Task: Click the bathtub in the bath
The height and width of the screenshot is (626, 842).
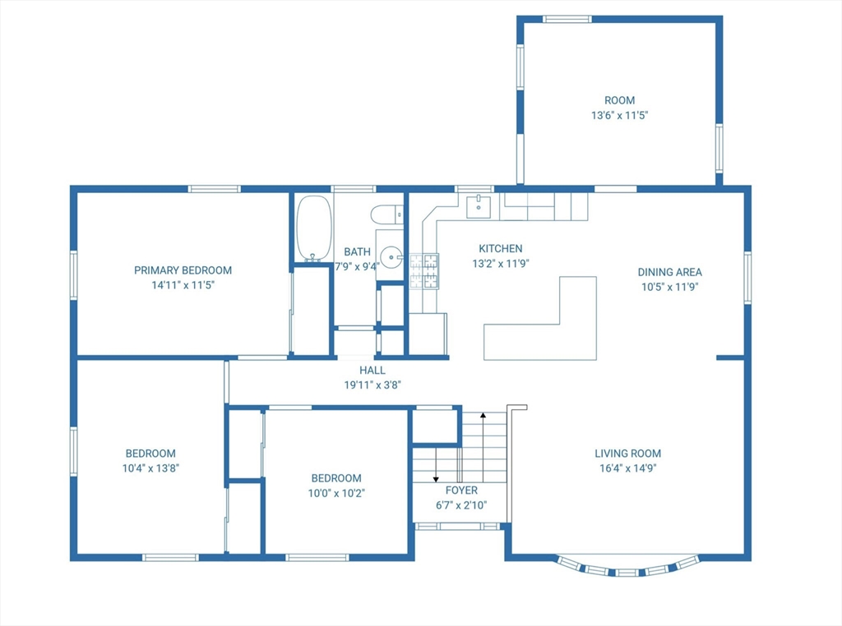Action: tap(314, 228)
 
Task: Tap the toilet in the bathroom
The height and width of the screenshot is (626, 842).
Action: tap(386, 214)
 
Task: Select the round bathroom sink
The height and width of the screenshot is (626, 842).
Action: tap(391, 257)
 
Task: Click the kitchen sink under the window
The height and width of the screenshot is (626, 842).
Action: tap(478, 206)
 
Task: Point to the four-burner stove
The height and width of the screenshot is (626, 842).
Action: tap(424, 271)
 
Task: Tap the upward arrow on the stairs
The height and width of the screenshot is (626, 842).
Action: tap(483, 448)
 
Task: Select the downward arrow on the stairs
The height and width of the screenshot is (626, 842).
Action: tap(436, 463)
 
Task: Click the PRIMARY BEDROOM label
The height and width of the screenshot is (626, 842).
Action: tap(183, 270)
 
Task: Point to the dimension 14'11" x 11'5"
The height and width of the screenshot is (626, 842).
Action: tap(183, 285)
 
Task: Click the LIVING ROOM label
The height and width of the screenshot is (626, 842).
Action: tap(627, 453)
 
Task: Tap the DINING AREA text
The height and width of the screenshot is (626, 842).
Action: tap(669, 272)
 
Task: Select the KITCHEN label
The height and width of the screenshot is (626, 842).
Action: tap(501, 248)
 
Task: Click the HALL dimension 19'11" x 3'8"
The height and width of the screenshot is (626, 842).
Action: tap(372, 384)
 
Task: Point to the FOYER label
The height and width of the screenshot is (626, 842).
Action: tap(461, 490)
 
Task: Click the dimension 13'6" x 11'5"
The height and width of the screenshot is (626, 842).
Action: tap(620, 115)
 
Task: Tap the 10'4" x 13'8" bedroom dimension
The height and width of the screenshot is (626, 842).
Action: tap(150, 467)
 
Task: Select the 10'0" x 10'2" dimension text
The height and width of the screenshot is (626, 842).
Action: tap(336, 492)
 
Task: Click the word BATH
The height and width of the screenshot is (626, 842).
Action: tap(357, 251)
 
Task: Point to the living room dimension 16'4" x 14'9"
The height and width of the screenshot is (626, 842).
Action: tap(627, 467)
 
